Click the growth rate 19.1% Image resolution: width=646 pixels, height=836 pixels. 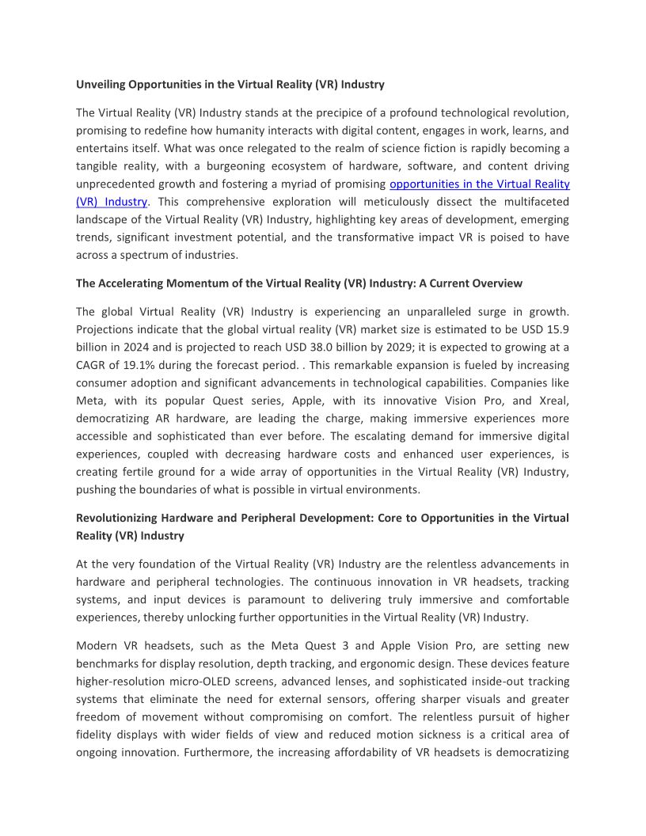(132, 365)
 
